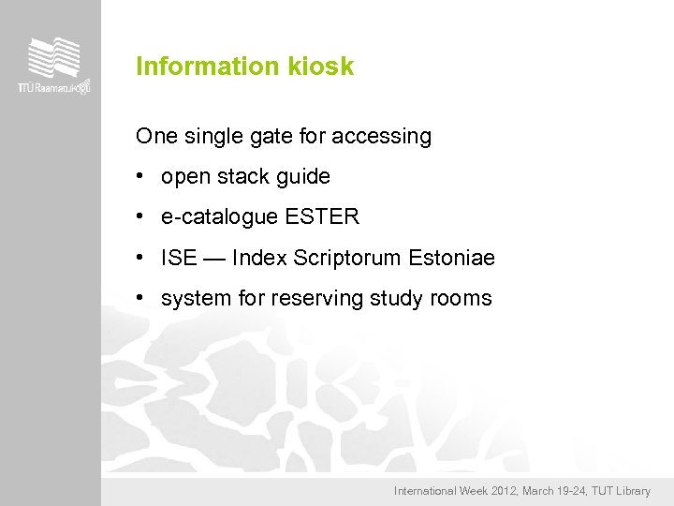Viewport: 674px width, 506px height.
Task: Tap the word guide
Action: click(x=303, y=177)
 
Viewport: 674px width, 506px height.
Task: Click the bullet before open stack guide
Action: click(x=139, y=176)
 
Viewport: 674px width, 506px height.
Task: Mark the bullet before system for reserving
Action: click(x=139, y=298)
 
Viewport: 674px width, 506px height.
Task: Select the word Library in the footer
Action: click(x=631, y=491)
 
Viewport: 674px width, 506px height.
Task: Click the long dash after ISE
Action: click(x=213, y=258)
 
